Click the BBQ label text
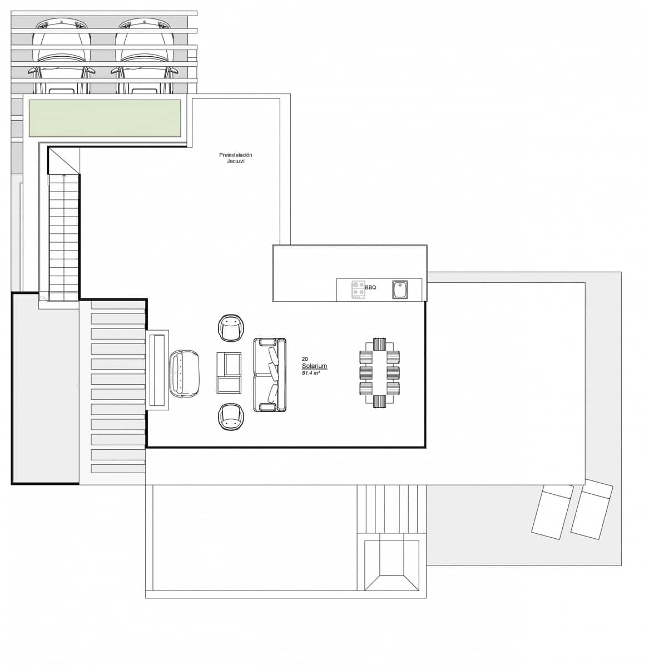pos(370,287)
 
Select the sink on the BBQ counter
pos(399,289)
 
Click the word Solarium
pos(314,366)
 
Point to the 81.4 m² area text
pos(311,373)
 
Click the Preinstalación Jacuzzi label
pos(236,158)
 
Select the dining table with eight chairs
pos(380,372)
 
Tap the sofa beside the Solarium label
pos(270,374)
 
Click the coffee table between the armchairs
pos(229,372)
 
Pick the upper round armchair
pos(231,328)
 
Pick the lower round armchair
pos(231,417)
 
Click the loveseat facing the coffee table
pos(184,373)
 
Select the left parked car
pos(61,56)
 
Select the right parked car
pos(145,56)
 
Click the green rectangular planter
pos(105,118)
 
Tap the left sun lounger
pos(552,511)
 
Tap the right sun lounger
pos(592,510)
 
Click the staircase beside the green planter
pos(64,234)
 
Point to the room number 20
pos(305,359)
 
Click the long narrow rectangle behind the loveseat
pos(157,370)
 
